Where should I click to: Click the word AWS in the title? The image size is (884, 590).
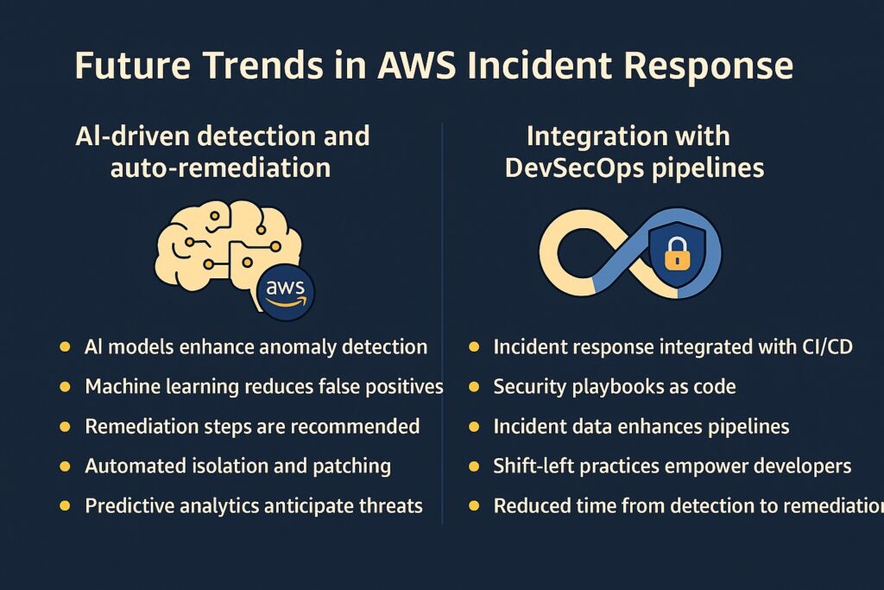[x=416, y=65]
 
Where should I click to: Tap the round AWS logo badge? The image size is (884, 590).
[x=285, y=292]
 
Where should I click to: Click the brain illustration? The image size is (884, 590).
[x=228, y=248]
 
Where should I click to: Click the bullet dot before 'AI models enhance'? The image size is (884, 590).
[x=65, y=346]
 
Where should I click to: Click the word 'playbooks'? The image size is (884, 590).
[x=615, y=386]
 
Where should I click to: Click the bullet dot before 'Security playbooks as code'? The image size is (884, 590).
[x=474, y=387]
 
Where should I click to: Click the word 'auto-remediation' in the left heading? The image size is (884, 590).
[x=220, y=168]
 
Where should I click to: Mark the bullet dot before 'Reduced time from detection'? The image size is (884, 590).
[x=474, y=506]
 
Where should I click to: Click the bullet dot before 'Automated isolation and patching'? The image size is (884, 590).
[x=65, y=466]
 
